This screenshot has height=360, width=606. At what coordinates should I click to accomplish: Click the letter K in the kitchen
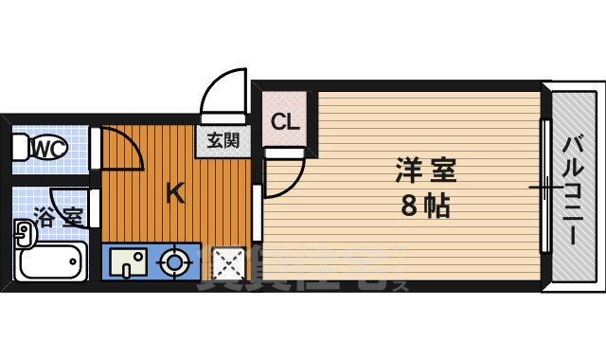[175, 193]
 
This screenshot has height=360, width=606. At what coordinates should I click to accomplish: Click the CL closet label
[284, 121]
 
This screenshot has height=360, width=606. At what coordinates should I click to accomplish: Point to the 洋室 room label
[425, 171]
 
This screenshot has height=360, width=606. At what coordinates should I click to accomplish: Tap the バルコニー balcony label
[574, 190]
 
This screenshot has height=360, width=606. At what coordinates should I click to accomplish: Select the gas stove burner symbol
[174, 261]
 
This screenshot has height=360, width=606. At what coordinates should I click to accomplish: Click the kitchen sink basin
[127, 261]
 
